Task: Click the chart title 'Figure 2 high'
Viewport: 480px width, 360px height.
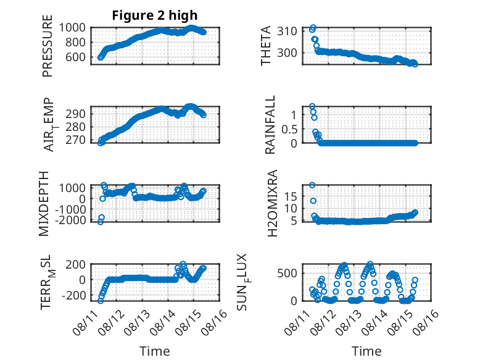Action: [x=155, y=15]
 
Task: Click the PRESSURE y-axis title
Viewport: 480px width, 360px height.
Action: [x=48, y=46]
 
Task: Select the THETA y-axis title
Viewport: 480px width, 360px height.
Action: [x=266, y=46]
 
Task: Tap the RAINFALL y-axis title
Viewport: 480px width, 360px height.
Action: [x=270, y=125]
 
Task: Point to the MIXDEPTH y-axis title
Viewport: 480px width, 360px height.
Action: [x=44, y=204]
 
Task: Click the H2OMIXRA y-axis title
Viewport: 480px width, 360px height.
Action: [x=272, y=203]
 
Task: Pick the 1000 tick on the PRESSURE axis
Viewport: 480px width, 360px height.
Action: [x=72, y=28]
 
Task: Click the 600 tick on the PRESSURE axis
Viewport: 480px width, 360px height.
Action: [x=76, y=57]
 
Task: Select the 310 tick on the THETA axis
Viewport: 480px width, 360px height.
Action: [x=287, y=31]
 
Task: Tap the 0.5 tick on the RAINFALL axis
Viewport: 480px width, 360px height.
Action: [x=289, y=129]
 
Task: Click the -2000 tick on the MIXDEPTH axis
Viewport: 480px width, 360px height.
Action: [x=71, y=220]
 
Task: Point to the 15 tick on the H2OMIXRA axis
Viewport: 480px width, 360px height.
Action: [x=291, y=197]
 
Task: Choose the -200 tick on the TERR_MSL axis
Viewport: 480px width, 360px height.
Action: [x=74, y=296]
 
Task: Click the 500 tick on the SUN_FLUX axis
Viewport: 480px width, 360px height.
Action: [x=287, y=274]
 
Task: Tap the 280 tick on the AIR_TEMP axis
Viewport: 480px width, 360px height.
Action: [x=76, y=127]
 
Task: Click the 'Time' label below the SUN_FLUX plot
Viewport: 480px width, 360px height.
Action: [x=366, y=351]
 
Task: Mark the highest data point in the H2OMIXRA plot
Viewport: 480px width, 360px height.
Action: [x=312, y=185]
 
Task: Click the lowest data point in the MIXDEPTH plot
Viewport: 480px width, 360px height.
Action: [x=101, y=222]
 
